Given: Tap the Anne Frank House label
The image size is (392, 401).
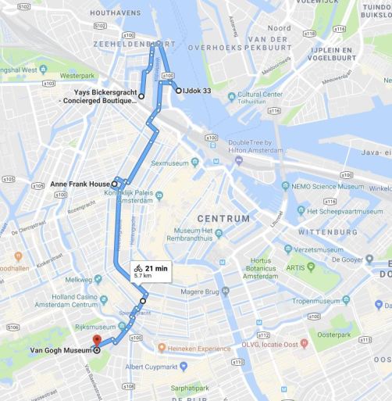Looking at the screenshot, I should (x=80, y=184).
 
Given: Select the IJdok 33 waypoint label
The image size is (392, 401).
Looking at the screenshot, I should (x=198, y=91).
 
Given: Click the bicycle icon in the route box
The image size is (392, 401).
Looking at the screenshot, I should (x=138, y=268).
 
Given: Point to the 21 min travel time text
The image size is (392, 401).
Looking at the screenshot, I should (x=157, y=268).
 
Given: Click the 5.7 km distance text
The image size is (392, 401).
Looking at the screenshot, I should (x=142, y=276).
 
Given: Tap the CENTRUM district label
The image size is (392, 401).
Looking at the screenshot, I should (x=223, y=218).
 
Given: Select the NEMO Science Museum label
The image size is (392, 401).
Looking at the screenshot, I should (x=333, y=188).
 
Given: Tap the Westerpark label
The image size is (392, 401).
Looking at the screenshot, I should (x=77, y=76).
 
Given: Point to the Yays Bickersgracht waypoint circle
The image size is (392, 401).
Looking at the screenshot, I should (x=141, y=95).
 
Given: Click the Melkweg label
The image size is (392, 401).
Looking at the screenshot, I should (x=78, y=279).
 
